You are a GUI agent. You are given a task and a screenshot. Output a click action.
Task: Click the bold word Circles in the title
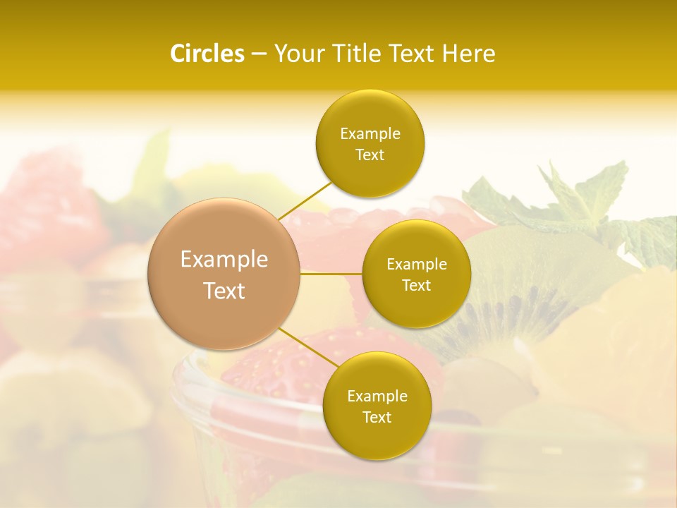(x=207, y=54)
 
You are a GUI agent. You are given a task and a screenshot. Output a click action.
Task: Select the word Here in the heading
(x=468, y=54)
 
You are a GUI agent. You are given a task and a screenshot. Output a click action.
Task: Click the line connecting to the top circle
(x=305, y=201)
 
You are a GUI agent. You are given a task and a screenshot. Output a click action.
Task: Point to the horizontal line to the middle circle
(x=331, y=274)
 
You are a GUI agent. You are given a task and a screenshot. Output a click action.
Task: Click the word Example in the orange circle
(x=224, y=260)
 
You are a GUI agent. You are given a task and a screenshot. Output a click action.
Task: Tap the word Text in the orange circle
(x=224, y=291)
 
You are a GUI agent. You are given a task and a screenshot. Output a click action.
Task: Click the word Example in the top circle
(x=370, y=134)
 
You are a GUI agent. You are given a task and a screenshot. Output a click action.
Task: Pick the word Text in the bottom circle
(x=377, y=417)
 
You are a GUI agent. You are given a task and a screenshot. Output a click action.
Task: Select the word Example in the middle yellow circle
(x=416, y=265)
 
